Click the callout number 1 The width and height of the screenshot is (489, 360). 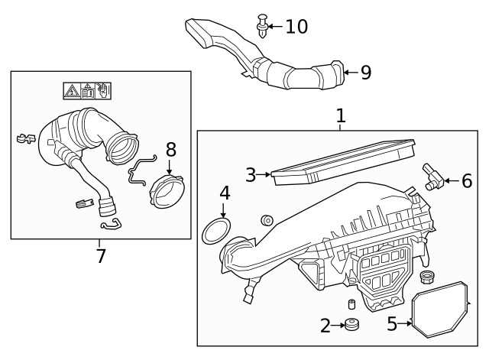[x=341, y=116]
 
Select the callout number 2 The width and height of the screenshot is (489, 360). [x=325, y=326]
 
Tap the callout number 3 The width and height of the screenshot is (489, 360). [x=251, y=175]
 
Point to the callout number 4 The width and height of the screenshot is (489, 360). [x=225, y=193]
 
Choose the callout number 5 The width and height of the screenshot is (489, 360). [x=392, y=324]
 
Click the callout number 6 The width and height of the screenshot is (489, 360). [x=466, y=181]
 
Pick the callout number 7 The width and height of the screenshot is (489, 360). [x=101, y=256]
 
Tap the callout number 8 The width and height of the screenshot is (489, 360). [x=170, y=149]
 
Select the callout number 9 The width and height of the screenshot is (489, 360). [x=365, y=73]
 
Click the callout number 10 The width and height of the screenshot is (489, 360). [x=296, y=27]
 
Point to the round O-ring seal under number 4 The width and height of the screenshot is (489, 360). [x=218, y=230]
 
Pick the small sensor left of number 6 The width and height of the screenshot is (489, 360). [x=434, y=176]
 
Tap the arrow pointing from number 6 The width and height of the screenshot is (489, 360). [x=450, y=181]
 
